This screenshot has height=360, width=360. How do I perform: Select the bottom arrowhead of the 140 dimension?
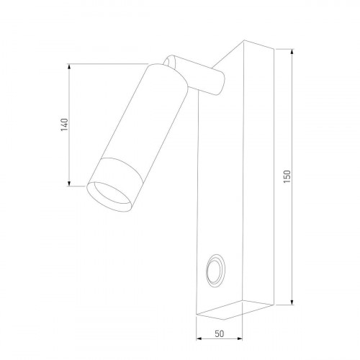(x=70, y=183)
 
